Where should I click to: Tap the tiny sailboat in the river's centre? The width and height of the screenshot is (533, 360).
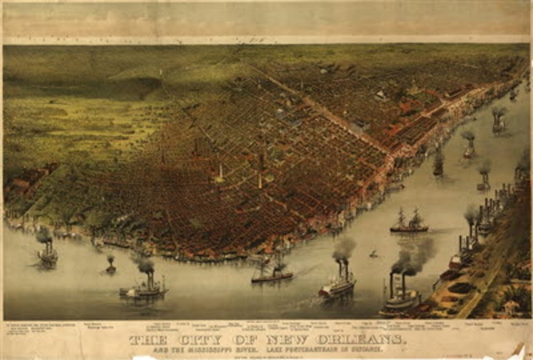click(373, 252)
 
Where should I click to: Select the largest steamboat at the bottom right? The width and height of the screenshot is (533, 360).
click(403, 297)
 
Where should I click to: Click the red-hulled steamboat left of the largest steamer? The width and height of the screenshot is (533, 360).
click(336, 286)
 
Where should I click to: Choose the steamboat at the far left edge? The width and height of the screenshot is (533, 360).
click(47, 256)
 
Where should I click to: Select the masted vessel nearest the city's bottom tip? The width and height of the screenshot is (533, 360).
click(272, 272)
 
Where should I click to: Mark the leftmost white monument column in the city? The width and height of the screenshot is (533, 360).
click(220, 173)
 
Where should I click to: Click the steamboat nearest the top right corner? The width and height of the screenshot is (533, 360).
click(499, 122)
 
